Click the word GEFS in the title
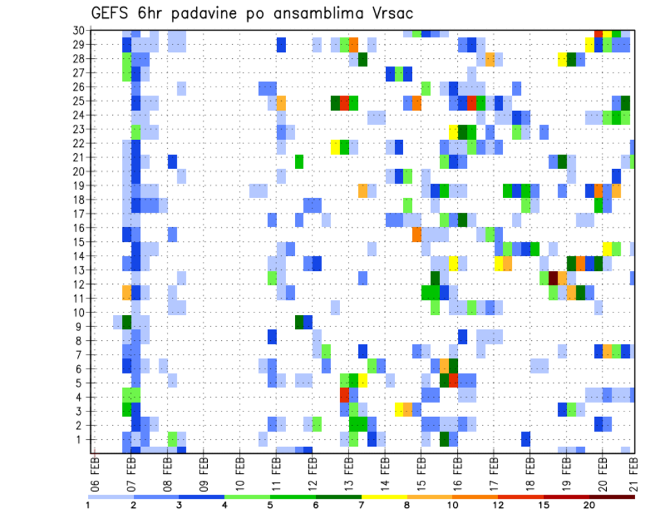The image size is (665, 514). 111,14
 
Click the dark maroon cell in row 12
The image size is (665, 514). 553,278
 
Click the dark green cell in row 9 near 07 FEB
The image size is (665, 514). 127,322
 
